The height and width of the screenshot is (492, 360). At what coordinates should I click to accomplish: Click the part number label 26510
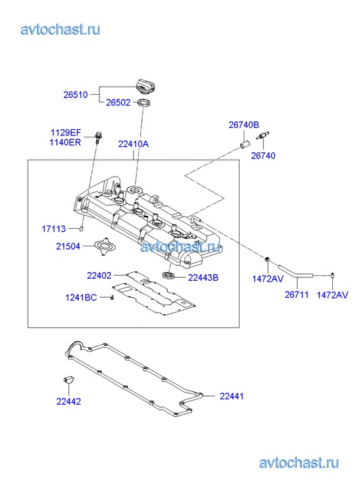click(75, 95)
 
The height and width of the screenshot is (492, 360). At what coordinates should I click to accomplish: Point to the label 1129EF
click(66, 133)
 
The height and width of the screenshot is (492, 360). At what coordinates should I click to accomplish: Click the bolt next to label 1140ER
click(97, 138)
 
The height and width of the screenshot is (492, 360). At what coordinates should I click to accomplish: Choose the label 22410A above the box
click(133, 144)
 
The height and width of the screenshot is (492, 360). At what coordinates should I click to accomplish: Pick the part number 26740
click(263, 156)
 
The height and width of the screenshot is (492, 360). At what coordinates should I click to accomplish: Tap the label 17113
click(53, 229)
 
